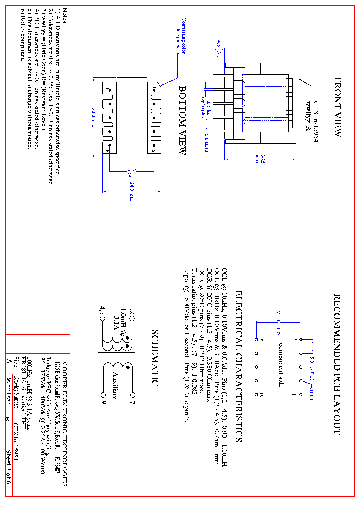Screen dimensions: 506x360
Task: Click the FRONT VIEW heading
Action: click(x=337, y=107)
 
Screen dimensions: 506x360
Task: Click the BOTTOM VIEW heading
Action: click(x=183, y=120)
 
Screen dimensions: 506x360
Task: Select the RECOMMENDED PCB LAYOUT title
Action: click(x=337, y=364)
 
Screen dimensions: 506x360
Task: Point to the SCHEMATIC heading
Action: click(x=155, y=358)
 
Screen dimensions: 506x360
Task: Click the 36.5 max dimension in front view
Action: click(x=258, y=159)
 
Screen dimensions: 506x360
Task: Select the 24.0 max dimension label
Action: click(x=132, y=191)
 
